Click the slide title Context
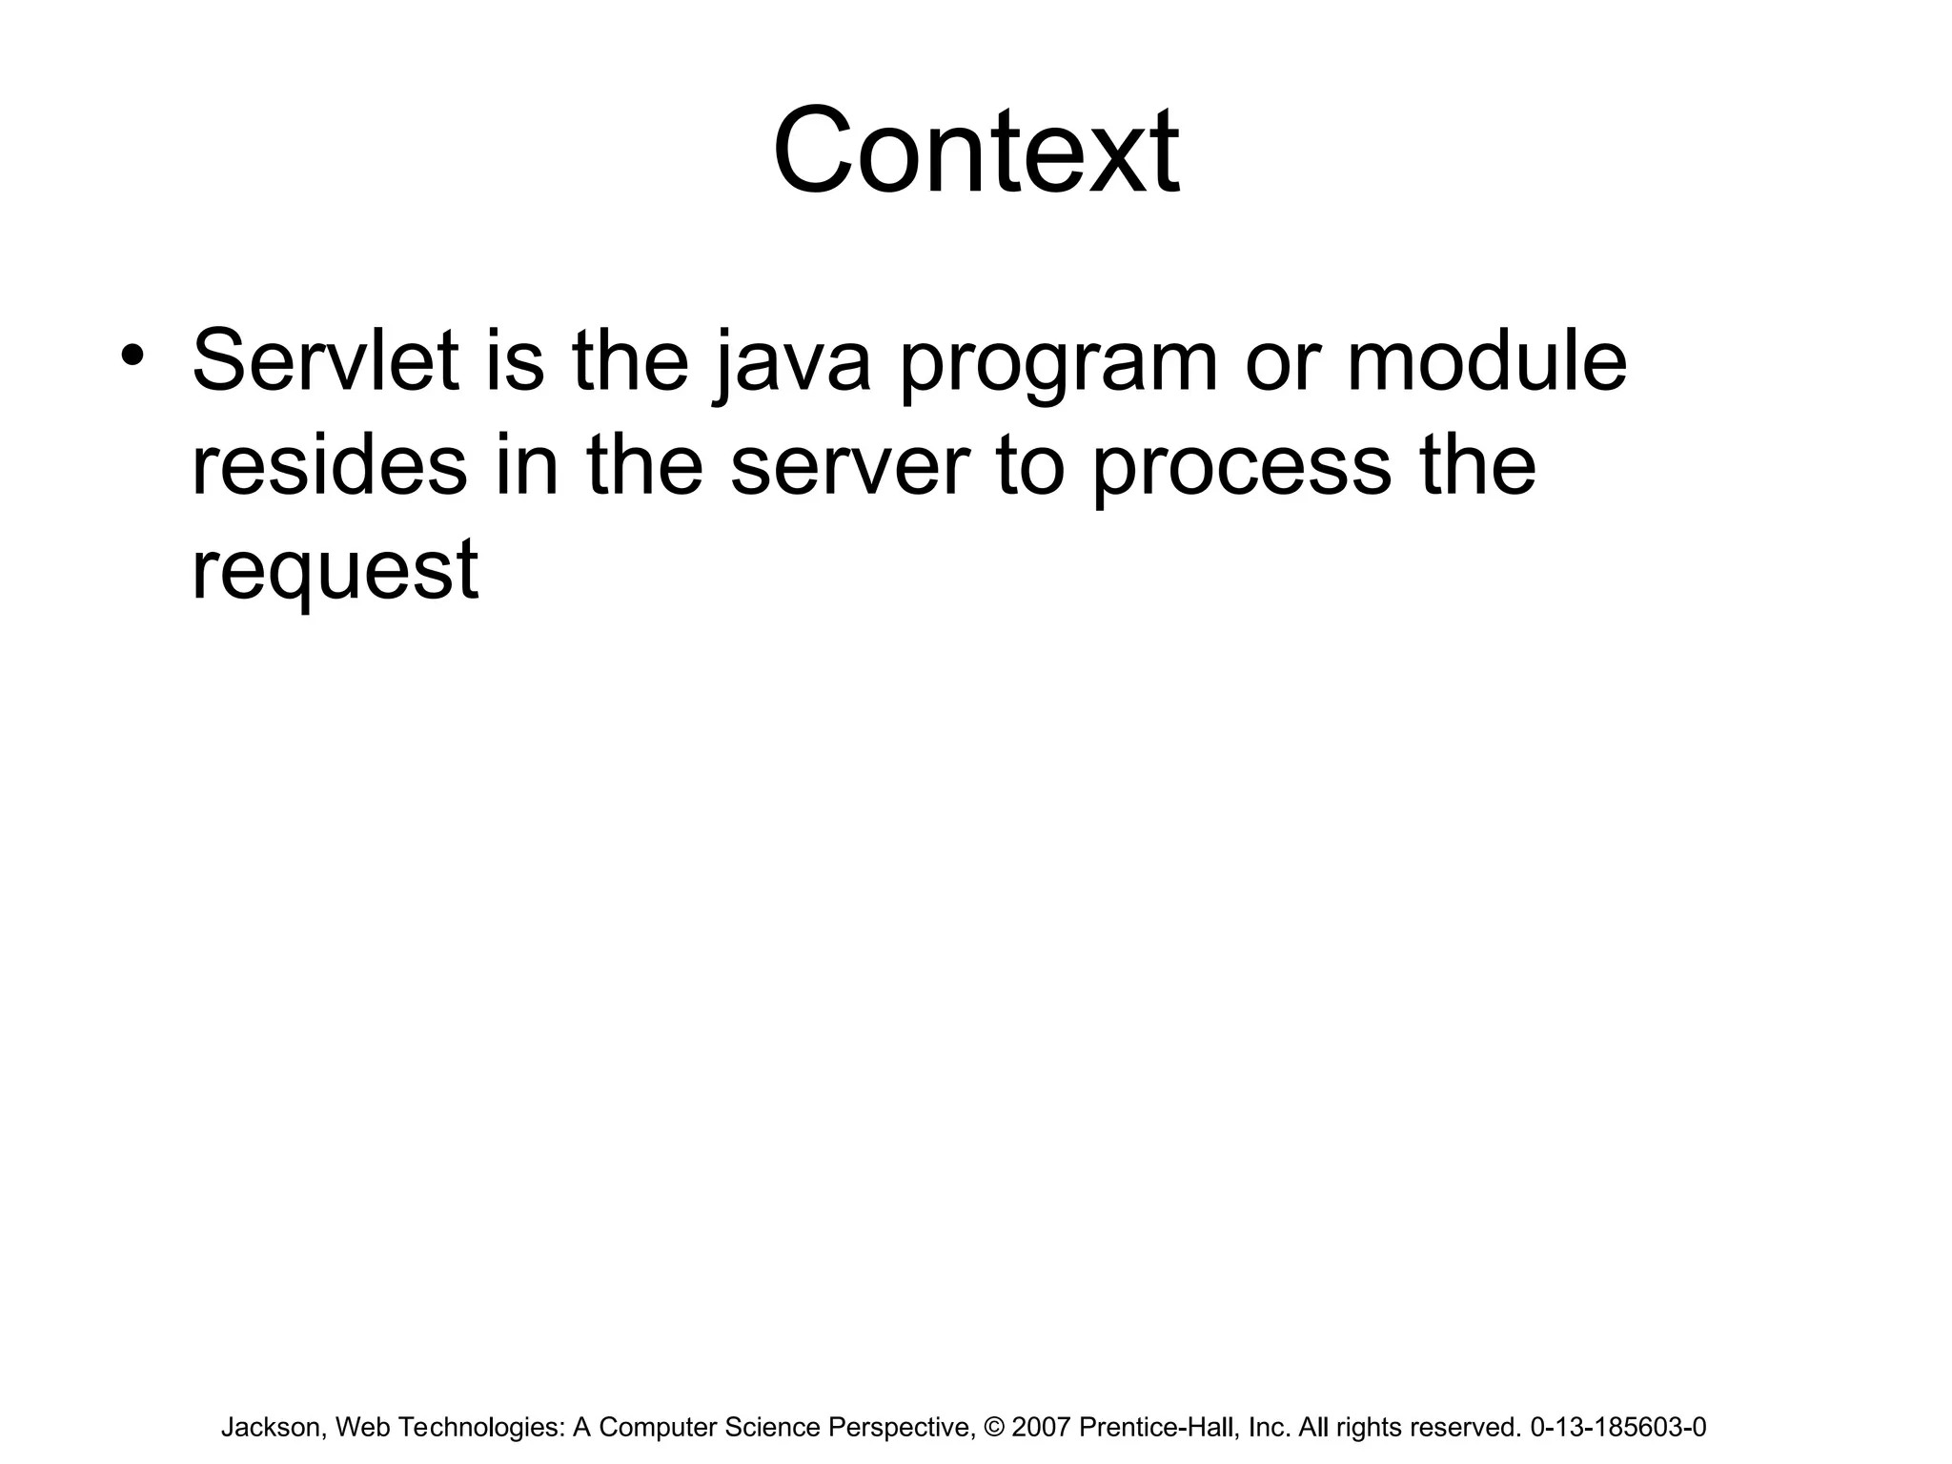(975, 152)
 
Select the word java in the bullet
(791, 362)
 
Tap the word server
(849, 467)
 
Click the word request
(335, 572)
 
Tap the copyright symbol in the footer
(994, 1427)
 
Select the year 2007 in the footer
(1041, 1427)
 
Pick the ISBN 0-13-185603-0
(1617, 1427)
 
